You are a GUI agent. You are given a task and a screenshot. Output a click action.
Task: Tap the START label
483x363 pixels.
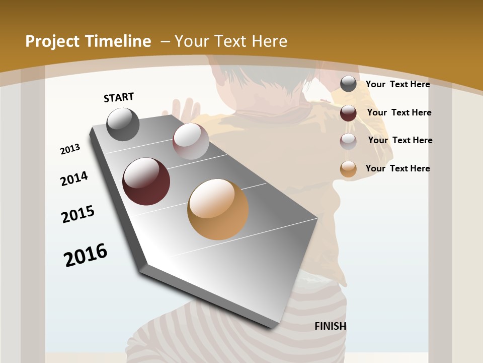tap(119, 97)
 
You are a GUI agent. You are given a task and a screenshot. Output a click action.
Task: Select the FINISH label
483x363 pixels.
tap(331, 326)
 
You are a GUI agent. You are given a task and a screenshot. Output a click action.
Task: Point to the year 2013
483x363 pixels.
tap(70, 149)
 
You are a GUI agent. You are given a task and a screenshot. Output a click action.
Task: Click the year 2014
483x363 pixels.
tap(74, 178)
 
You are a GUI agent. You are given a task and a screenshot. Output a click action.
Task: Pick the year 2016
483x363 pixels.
tap(86, 255)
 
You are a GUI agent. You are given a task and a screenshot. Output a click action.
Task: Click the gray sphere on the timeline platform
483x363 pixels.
tap(123, 124)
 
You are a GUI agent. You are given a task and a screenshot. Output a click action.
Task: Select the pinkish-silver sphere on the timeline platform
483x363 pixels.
tap(191, 141)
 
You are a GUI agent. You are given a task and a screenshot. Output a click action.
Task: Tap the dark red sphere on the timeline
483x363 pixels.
tap(146, 181)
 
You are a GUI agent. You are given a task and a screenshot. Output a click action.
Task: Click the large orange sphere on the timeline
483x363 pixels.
tap(218, 209)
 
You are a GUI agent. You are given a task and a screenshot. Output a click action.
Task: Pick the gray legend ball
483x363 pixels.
tap(348, 84)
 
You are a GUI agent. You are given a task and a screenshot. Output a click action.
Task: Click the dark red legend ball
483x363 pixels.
tap(348, 112)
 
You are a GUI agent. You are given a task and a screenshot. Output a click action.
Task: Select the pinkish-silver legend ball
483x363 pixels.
tap(348, 141)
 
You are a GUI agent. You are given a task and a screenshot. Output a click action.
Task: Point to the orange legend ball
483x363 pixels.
tap(348, 169)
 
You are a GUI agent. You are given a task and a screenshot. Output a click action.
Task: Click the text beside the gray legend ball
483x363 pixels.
tap(397, 84)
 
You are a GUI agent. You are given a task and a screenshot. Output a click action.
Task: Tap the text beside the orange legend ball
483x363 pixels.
tap(397, 168)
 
